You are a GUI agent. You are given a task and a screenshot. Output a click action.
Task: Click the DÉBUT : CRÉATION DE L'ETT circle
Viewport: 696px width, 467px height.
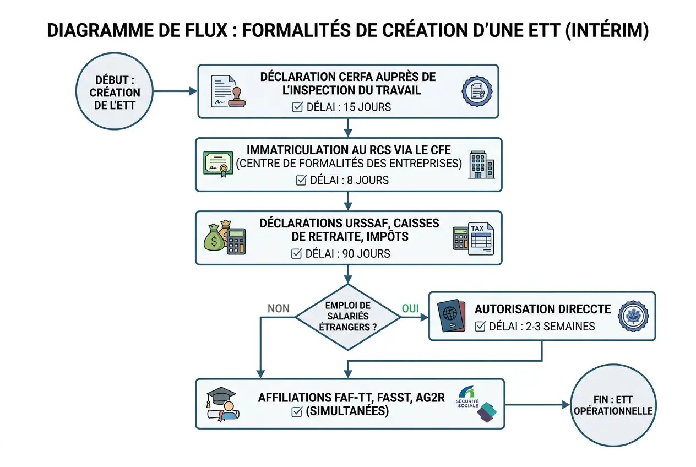[115, 93]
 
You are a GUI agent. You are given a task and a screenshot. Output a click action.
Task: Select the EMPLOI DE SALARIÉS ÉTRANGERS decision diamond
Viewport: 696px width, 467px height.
[347, 317]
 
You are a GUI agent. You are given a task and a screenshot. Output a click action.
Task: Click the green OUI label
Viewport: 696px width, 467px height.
[410, 308]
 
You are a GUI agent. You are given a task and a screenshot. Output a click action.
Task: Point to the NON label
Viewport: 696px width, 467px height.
[279, 308]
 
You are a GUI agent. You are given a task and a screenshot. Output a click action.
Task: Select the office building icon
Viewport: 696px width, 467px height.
[481, 164]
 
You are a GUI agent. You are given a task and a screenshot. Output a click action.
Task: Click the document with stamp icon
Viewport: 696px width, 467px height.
[228, 91]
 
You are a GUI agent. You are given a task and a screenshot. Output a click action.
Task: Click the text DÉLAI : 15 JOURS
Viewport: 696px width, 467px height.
[349, 107]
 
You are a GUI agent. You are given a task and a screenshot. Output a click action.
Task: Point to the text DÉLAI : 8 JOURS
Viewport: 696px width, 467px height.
[349, 180]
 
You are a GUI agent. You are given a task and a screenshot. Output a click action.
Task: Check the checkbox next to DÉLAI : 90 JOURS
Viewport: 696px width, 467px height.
[296, 253]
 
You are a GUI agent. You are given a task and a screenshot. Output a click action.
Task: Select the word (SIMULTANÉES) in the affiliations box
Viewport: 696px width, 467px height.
[346, 411]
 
